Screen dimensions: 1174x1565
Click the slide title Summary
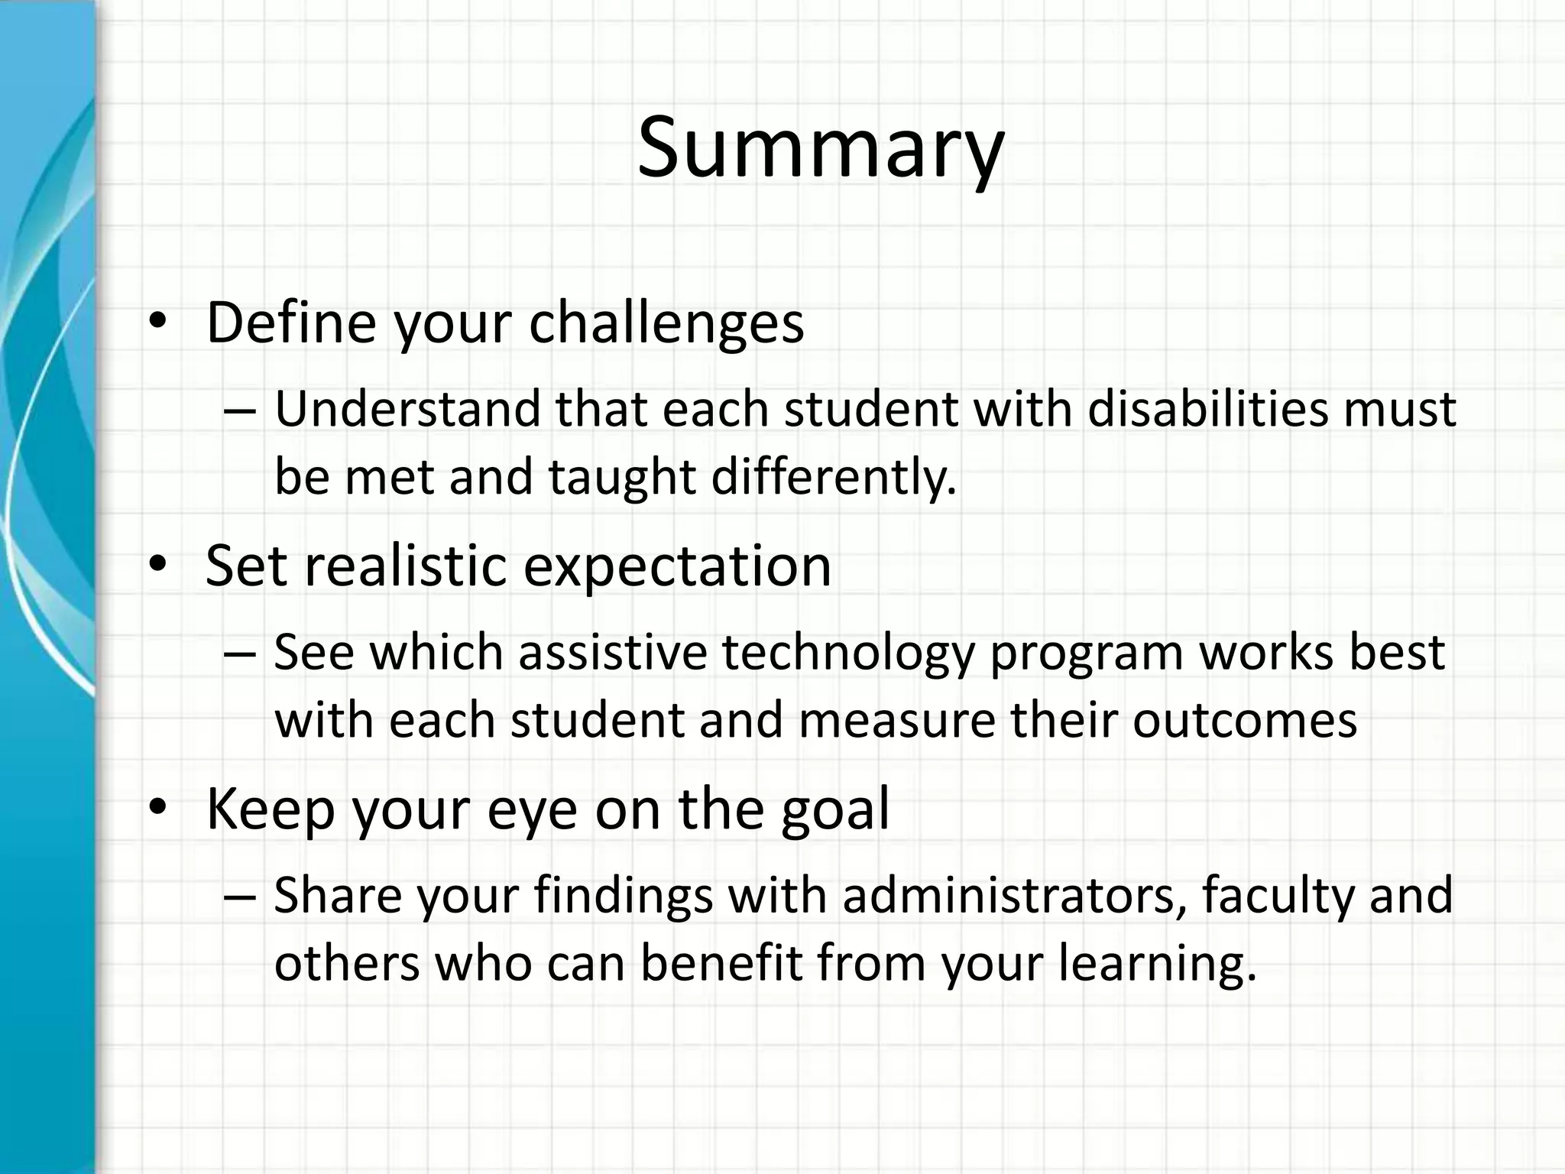pos(820,148)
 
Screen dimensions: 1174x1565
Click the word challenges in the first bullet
pos(666,323)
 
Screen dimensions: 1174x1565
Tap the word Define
pos(291,323)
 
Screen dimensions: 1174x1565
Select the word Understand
pos(407,409)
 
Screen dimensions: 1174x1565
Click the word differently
pos(834,477)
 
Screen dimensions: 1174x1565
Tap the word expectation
pos(677,566)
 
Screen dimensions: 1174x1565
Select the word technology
pos(848,654)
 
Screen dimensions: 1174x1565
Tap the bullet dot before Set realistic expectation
pos(157,566)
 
